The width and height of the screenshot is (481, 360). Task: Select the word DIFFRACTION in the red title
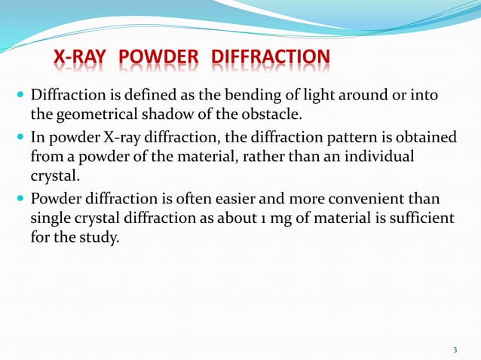click(x=271, y=58)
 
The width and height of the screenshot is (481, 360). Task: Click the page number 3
click(x=455, y=349)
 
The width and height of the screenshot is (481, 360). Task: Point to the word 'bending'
click(x=246, y=97)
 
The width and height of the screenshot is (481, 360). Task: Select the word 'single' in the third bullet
click(x=51, y=218)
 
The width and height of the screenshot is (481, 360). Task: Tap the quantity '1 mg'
click(x=305, y=218)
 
